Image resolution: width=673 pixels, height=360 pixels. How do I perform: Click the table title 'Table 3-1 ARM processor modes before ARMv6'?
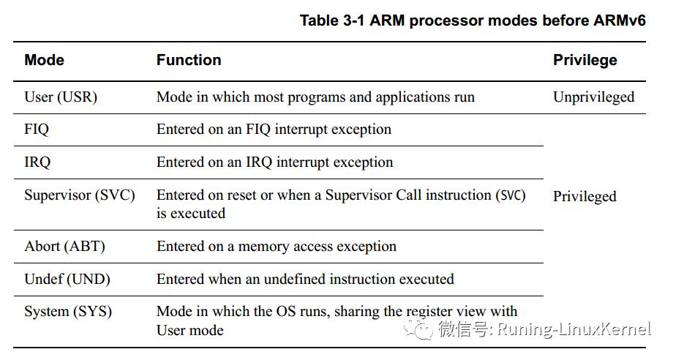[473, 20]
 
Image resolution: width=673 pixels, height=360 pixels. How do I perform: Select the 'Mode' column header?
[44, 60]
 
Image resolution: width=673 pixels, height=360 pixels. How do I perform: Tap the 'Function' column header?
[189, 60]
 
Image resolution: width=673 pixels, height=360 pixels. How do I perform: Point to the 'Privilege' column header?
[585, 60]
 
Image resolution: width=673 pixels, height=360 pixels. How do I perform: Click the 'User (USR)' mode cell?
[61, 97]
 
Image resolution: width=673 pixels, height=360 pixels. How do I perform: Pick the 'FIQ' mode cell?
[37, 130]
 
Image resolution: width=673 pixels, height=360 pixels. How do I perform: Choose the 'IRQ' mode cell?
[37, 162]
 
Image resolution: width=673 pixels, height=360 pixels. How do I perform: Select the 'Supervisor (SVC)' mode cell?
[80, 195]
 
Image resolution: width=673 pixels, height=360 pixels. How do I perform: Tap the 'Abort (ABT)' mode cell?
[65, 247]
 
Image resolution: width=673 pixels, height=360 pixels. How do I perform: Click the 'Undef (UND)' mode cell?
[67, 280]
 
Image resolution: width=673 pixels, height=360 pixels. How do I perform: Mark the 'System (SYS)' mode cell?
[68, 312]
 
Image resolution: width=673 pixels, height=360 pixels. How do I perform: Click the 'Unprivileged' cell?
[593, 97]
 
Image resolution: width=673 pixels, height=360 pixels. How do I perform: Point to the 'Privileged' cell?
[584, 197]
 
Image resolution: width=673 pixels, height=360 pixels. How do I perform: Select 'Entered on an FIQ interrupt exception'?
[274, 130]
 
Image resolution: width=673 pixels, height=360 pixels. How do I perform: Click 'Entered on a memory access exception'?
[277, 247]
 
